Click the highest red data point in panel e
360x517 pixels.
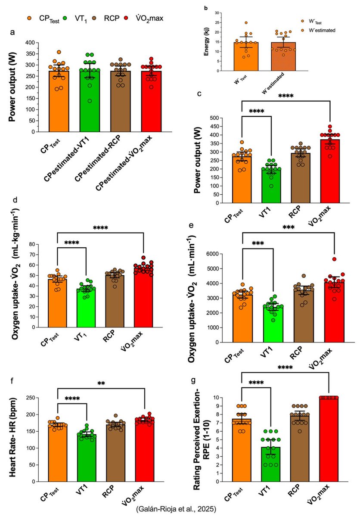(334, 259)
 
